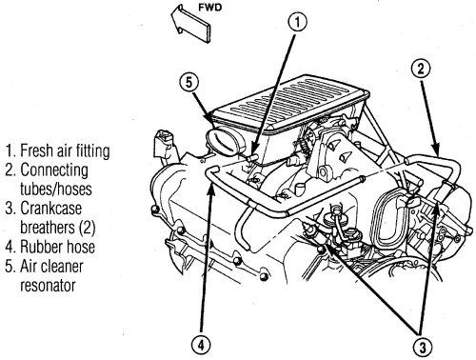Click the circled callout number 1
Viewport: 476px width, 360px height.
(297, 23)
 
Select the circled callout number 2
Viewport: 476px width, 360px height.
(421, 69)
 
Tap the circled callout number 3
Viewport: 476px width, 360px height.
(423, 348)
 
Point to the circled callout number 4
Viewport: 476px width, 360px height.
(201, 345)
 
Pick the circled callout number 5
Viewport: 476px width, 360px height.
(189, 83)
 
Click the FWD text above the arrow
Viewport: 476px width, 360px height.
(209, 8)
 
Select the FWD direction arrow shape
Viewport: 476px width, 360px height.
(190, 24)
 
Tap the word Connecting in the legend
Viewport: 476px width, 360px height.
(54, 170)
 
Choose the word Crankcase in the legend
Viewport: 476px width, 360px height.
(51, 209)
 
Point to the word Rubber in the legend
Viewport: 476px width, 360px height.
(40, 247)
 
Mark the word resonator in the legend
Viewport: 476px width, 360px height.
(48, 285)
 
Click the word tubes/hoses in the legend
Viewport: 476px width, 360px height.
(56, 189)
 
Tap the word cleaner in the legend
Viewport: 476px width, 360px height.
(61, 266)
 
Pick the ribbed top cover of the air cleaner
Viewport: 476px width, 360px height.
(290, 102)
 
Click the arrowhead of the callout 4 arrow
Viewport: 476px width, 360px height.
(211, 188)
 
